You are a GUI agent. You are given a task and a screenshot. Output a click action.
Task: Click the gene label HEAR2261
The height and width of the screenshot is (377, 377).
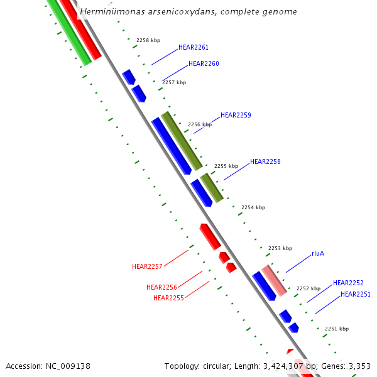(x=194, y=47)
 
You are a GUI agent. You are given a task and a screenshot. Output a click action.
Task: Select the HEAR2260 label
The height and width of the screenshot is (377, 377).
(x=204, y=63)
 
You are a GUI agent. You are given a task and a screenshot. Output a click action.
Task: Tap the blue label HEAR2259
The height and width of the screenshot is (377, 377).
(x=236, y=115)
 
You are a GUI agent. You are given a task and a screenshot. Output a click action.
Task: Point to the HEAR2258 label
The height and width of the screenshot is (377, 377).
(x=265, y=161)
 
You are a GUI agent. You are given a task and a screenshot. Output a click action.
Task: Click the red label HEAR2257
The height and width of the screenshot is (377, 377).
(x=147, y=266)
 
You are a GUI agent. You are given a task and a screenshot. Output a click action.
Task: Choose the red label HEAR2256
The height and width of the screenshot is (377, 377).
(x=161, y=287)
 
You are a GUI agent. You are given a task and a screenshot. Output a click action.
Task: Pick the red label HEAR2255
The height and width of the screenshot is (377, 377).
(x=168, y=298)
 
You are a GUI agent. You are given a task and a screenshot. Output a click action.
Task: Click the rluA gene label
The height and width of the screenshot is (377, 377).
(x=318, y=254)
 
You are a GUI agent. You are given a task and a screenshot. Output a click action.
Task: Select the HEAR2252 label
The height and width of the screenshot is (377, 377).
(x=348, y=283)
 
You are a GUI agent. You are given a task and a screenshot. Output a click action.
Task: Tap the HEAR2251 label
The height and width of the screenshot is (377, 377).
(x=356, y=294)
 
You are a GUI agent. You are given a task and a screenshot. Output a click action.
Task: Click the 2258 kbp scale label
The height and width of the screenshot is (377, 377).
(x=148, y=40)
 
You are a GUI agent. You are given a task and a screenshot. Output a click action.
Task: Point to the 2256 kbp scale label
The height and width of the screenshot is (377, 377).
(x=200, y=124)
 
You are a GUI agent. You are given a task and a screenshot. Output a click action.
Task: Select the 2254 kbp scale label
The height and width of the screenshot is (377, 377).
(x=253, y=207)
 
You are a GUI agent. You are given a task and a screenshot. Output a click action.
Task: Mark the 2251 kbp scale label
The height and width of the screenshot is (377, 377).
(x=337, y=329)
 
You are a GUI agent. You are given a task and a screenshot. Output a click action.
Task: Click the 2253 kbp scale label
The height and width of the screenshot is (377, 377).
(x=280, y=248)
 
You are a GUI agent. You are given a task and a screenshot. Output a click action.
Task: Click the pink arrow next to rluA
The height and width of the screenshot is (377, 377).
(x=274, y=280)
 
